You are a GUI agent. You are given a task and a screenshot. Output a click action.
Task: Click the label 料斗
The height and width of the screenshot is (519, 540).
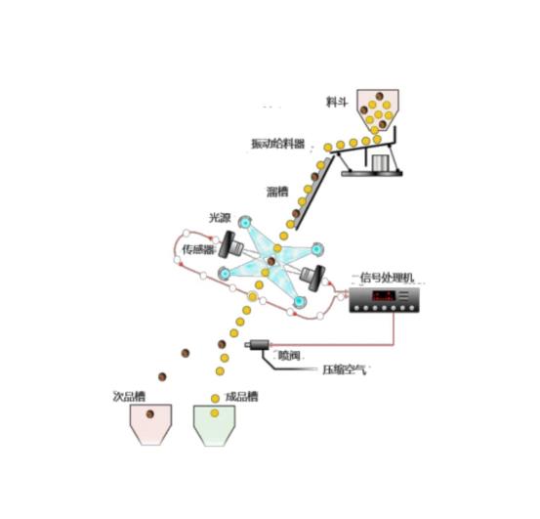(337, 102)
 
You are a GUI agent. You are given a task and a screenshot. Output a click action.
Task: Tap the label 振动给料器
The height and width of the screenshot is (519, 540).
(277, 144)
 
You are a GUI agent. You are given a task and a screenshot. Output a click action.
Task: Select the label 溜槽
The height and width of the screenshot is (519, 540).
(277, 192)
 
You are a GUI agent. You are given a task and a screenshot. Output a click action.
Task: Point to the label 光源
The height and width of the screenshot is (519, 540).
(220, 218)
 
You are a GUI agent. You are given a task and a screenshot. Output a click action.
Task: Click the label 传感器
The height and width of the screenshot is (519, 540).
(198, 249)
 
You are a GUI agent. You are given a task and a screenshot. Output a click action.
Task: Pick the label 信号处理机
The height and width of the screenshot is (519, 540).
(387, 277)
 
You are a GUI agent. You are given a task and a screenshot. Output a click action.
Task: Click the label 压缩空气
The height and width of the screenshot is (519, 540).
(344, 369)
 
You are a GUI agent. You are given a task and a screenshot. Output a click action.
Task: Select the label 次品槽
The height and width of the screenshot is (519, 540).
(129, 396)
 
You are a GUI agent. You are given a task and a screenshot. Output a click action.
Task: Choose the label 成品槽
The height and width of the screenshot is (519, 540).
(241, 396)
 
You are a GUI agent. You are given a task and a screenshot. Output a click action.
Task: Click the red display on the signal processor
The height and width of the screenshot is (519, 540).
(384, 296)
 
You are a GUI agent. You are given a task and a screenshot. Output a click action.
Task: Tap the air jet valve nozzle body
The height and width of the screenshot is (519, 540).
(257, 344)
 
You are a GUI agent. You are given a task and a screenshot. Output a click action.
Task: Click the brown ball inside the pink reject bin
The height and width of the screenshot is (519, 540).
(149, 413)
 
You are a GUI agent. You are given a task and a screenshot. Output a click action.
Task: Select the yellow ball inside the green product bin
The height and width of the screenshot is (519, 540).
(215, 412)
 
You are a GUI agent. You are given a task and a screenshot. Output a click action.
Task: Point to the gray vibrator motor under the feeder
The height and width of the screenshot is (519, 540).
(380, 162)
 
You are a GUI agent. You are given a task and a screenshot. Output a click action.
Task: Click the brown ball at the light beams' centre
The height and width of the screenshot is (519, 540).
(271, 261)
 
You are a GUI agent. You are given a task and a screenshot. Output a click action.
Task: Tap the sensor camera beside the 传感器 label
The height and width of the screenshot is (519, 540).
(230, 244)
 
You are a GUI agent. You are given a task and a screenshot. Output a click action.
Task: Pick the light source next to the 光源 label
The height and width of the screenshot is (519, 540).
(245, 222)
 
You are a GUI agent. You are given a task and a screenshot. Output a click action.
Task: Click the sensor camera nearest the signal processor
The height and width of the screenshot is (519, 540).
(312, 277)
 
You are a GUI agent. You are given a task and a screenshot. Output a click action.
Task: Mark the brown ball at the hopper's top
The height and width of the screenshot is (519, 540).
(380, 96)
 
